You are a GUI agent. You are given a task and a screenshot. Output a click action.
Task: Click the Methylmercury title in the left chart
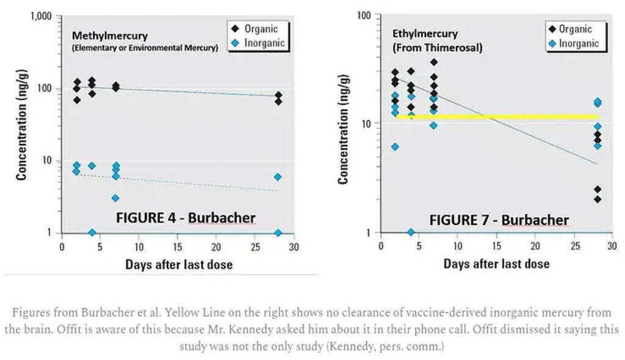point(110,36)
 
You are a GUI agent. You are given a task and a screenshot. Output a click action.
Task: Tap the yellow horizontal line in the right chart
point(497,117)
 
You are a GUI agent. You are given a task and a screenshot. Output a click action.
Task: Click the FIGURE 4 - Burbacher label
point(186,218)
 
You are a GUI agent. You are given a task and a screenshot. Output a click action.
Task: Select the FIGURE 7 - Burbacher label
point(499,220)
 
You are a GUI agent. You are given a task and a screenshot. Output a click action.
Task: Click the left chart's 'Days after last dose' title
point(179,264)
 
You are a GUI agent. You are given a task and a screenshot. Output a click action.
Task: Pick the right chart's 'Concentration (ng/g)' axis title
point(344,128)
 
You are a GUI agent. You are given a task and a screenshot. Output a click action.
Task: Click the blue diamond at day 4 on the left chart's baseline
point(92,232)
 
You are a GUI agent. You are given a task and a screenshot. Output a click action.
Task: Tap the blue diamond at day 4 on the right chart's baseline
point(411,232)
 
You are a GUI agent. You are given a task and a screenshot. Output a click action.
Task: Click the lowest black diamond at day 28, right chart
point(597,199)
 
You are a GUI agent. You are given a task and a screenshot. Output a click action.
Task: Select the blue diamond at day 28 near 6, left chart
point(278,177)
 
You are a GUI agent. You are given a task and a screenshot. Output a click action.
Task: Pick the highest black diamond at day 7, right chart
point(434,62)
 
